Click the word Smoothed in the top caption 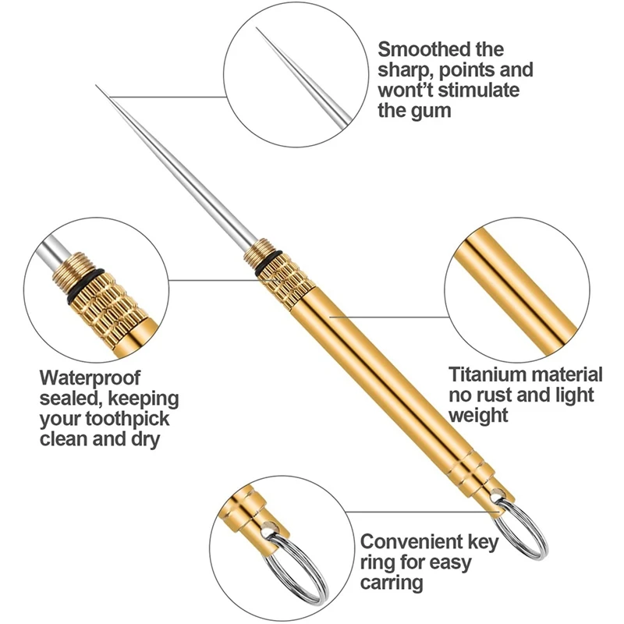click(x=419, y=49)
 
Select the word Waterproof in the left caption click(x=90, y=378)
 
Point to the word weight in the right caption click(x=479, y=414)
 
